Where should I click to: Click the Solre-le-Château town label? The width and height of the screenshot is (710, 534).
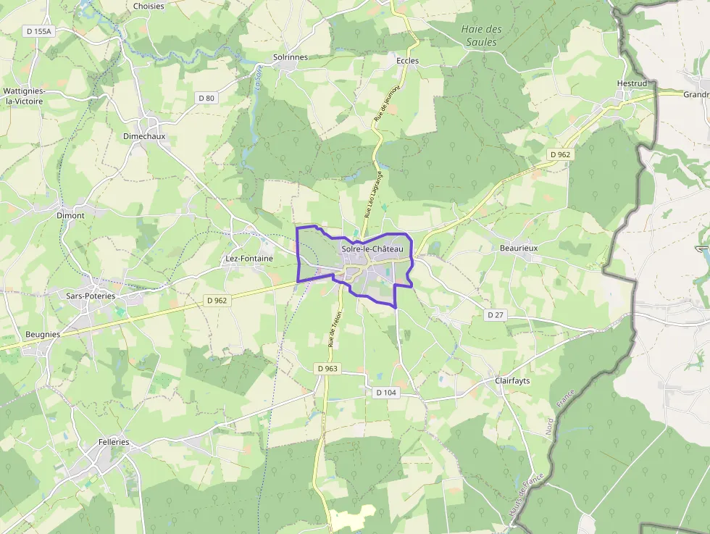click(372, 249)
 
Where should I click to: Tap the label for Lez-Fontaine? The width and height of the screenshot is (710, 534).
click(249, 258)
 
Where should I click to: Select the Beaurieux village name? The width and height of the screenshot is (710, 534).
click(519, 248)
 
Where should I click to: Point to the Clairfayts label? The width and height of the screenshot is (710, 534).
click(512, 380)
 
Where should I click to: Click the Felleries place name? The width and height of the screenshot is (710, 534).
click(114, 442)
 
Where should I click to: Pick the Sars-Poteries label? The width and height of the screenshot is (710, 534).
click(91, 296)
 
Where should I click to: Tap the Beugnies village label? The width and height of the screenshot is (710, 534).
click(43, 334)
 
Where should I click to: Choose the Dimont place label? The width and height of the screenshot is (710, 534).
click(70, 215)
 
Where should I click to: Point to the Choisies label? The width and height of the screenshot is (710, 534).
click(149, 7)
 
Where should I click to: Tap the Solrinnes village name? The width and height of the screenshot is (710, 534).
click(290, 57)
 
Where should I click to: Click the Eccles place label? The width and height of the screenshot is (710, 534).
click(407, 61)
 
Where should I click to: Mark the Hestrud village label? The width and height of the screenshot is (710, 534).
click(632, 83)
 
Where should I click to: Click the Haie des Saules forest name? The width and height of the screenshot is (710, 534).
click(481, 36)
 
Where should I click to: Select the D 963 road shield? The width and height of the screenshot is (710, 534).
click(327, 368)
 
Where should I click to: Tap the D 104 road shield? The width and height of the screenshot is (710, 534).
click(387, 392)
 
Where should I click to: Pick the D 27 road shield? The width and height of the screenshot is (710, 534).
click(496, 314)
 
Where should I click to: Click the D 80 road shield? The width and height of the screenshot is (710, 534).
click(206, 98)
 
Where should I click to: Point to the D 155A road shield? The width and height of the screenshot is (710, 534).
click(39, 31)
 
